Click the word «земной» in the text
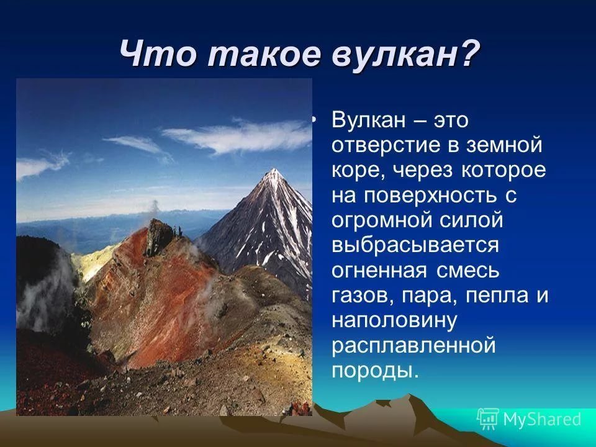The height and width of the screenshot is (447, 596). (x=504, y=145)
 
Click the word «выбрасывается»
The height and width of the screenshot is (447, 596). (x=415, y=246)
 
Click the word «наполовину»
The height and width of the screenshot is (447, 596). (x=394, y=321)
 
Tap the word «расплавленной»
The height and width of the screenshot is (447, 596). (x=413, y=346)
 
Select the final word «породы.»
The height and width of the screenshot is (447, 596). (x=375, y=371)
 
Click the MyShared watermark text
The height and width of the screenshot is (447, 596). (x=542, y=420)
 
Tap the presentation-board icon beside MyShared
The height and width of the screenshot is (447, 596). (x=489, y=419)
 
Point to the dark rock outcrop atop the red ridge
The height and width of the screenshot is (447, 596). (x=160, y=236)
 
